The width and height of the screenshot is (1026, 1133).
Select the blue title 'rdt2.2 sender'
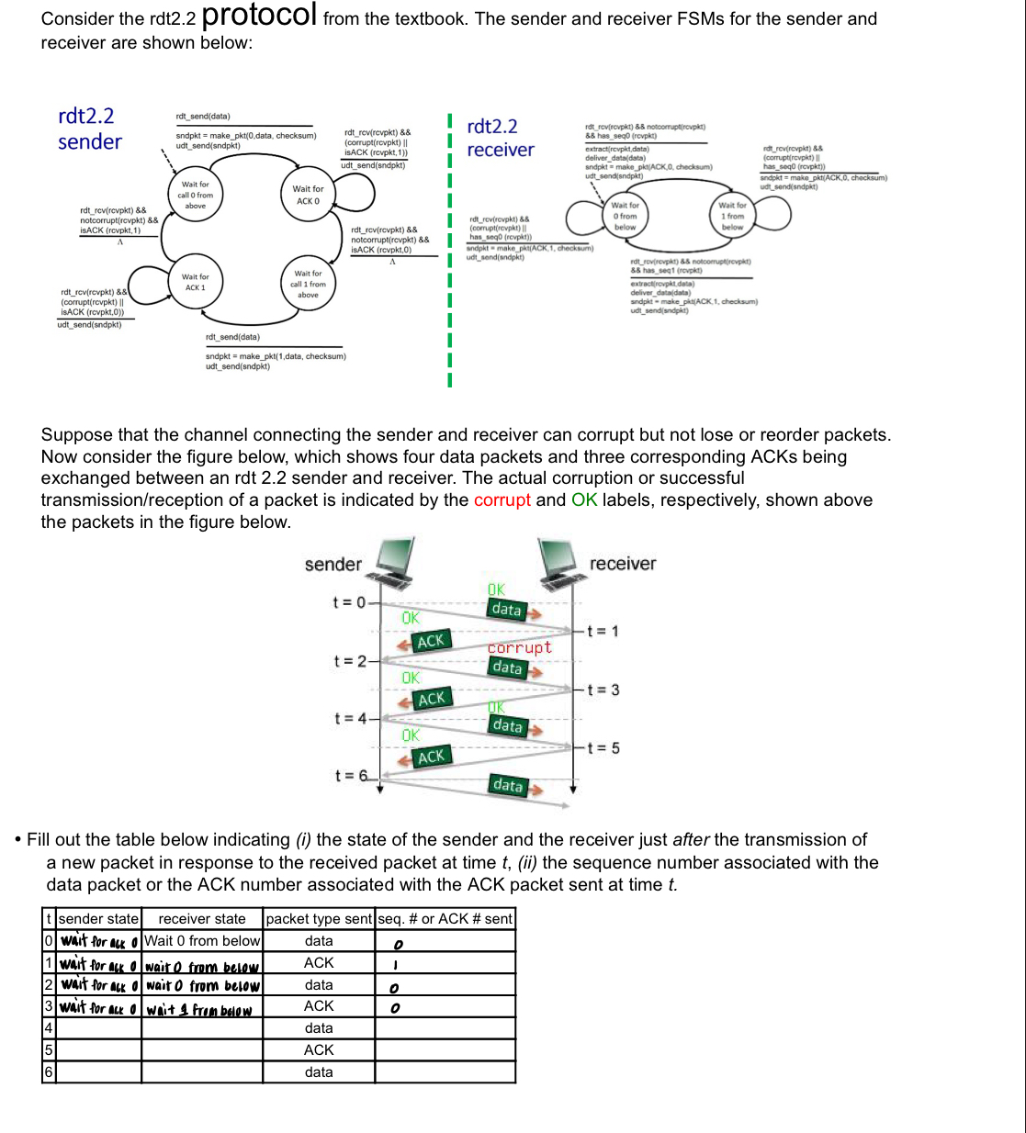point(89,129)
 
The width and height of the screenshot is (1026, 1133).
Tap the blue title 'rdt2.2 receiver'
point(500,138)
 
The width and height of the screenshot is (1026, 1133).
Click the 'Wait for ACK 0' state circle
point(308,195)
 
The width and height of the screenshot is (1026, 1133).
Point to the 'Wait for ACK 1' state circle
point(194,282)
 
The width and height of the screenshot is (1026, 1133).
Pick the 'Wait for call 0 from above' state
point(195,195)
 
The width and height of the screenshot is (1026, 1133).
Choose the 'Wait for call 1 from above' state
point(308,284)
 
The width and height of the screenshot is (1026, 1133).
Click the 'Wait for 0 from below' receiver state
point(625,216)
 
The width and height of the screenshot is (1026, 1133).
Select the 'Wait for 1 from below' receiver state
point(732,216)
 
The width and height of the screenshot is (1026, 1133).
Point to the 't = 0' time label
point(349,602)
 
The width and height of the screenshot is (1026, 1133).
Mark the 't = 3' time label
point(603,690)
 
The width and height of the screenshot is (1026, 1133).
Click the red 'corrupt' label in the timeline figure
point(519,647)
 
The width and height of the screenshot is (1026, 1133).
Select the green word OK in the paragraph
point(584,500)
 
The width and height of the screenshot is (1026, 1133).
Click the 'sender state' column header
point(98,918)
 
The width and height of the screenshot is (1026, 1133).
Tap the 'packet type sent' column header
point(319,918)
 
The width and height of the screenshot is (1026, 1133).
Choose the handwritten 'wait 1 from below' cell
point(199,1009)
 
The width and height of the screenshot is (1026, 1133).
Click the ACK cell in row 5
point(319,1049)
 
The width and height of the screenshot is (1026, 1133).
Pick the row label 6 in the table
point(49,1071)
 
